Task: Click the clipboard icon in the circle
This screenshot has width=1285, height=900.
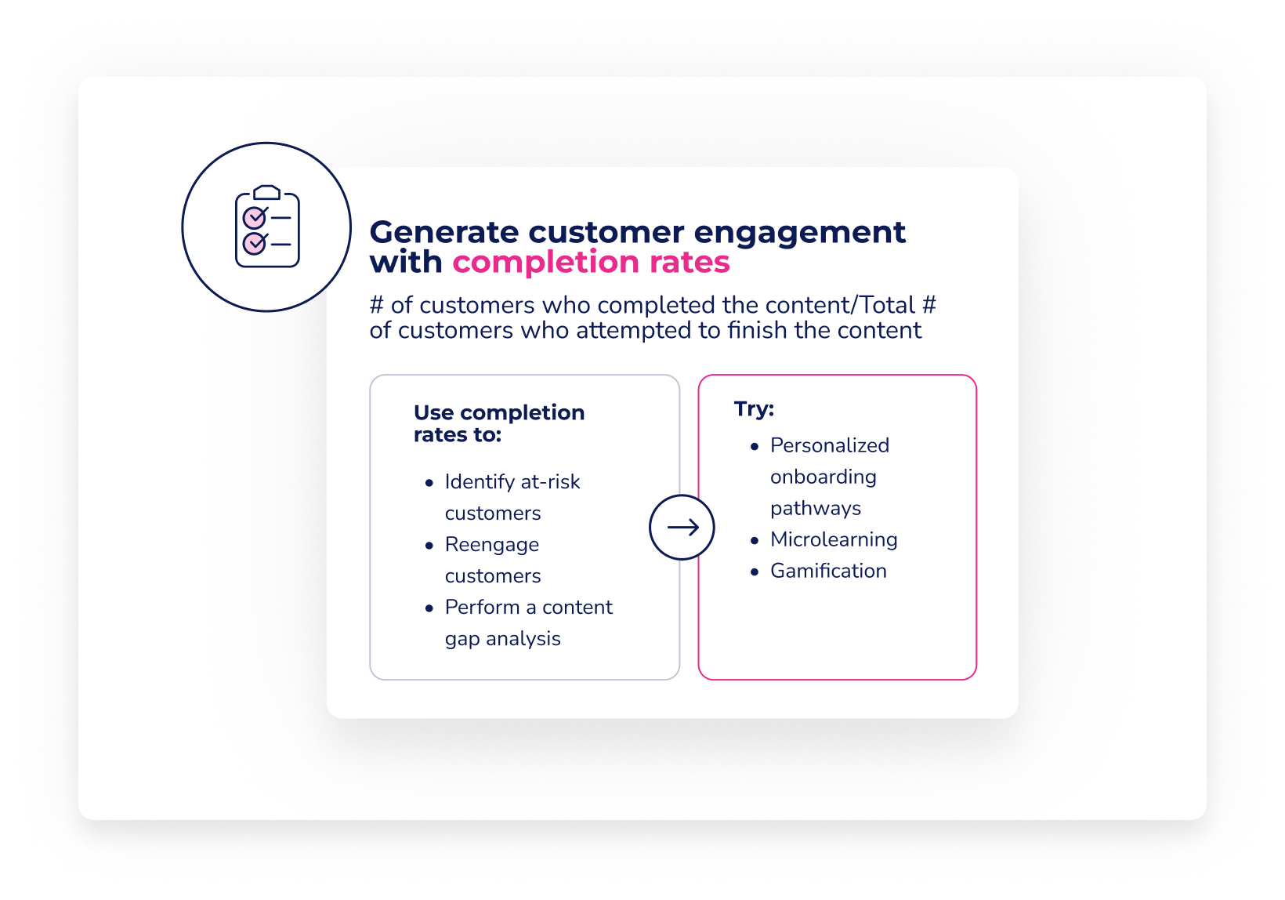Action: tap(267, 227)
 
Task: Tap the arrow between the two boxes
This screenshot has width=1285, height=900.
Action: tap(682, 528)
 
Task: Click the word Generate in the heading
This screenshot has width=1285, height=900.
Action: tap(443, 233)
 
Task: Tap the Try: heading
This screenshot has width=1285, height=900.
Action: tap(754, 408)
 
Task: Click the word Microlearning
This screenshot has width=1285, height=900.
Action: tap(834, 539)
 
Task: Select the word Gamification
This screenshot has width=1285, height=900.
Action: tap(828, 571)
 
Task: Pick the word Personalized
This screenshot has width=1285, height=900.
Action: tap(830, 445)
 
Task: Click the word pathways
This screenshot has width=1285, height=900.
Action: tap(816, 509)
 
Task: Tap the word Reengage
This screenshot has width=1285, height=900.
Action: tap(492, 545)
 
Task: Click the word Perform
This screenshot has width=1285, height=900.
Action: tap(482, 608)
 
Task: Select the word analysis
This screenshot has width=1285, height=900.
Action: tap(523, 639)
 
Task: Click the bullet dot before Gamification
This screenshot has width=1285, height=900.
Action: tap(755, 572)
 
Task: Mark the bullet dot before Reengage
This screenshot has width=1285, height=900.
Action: tap(429, 546)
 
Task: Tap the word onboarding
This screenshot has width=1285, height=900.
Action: tap(823, 477)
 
